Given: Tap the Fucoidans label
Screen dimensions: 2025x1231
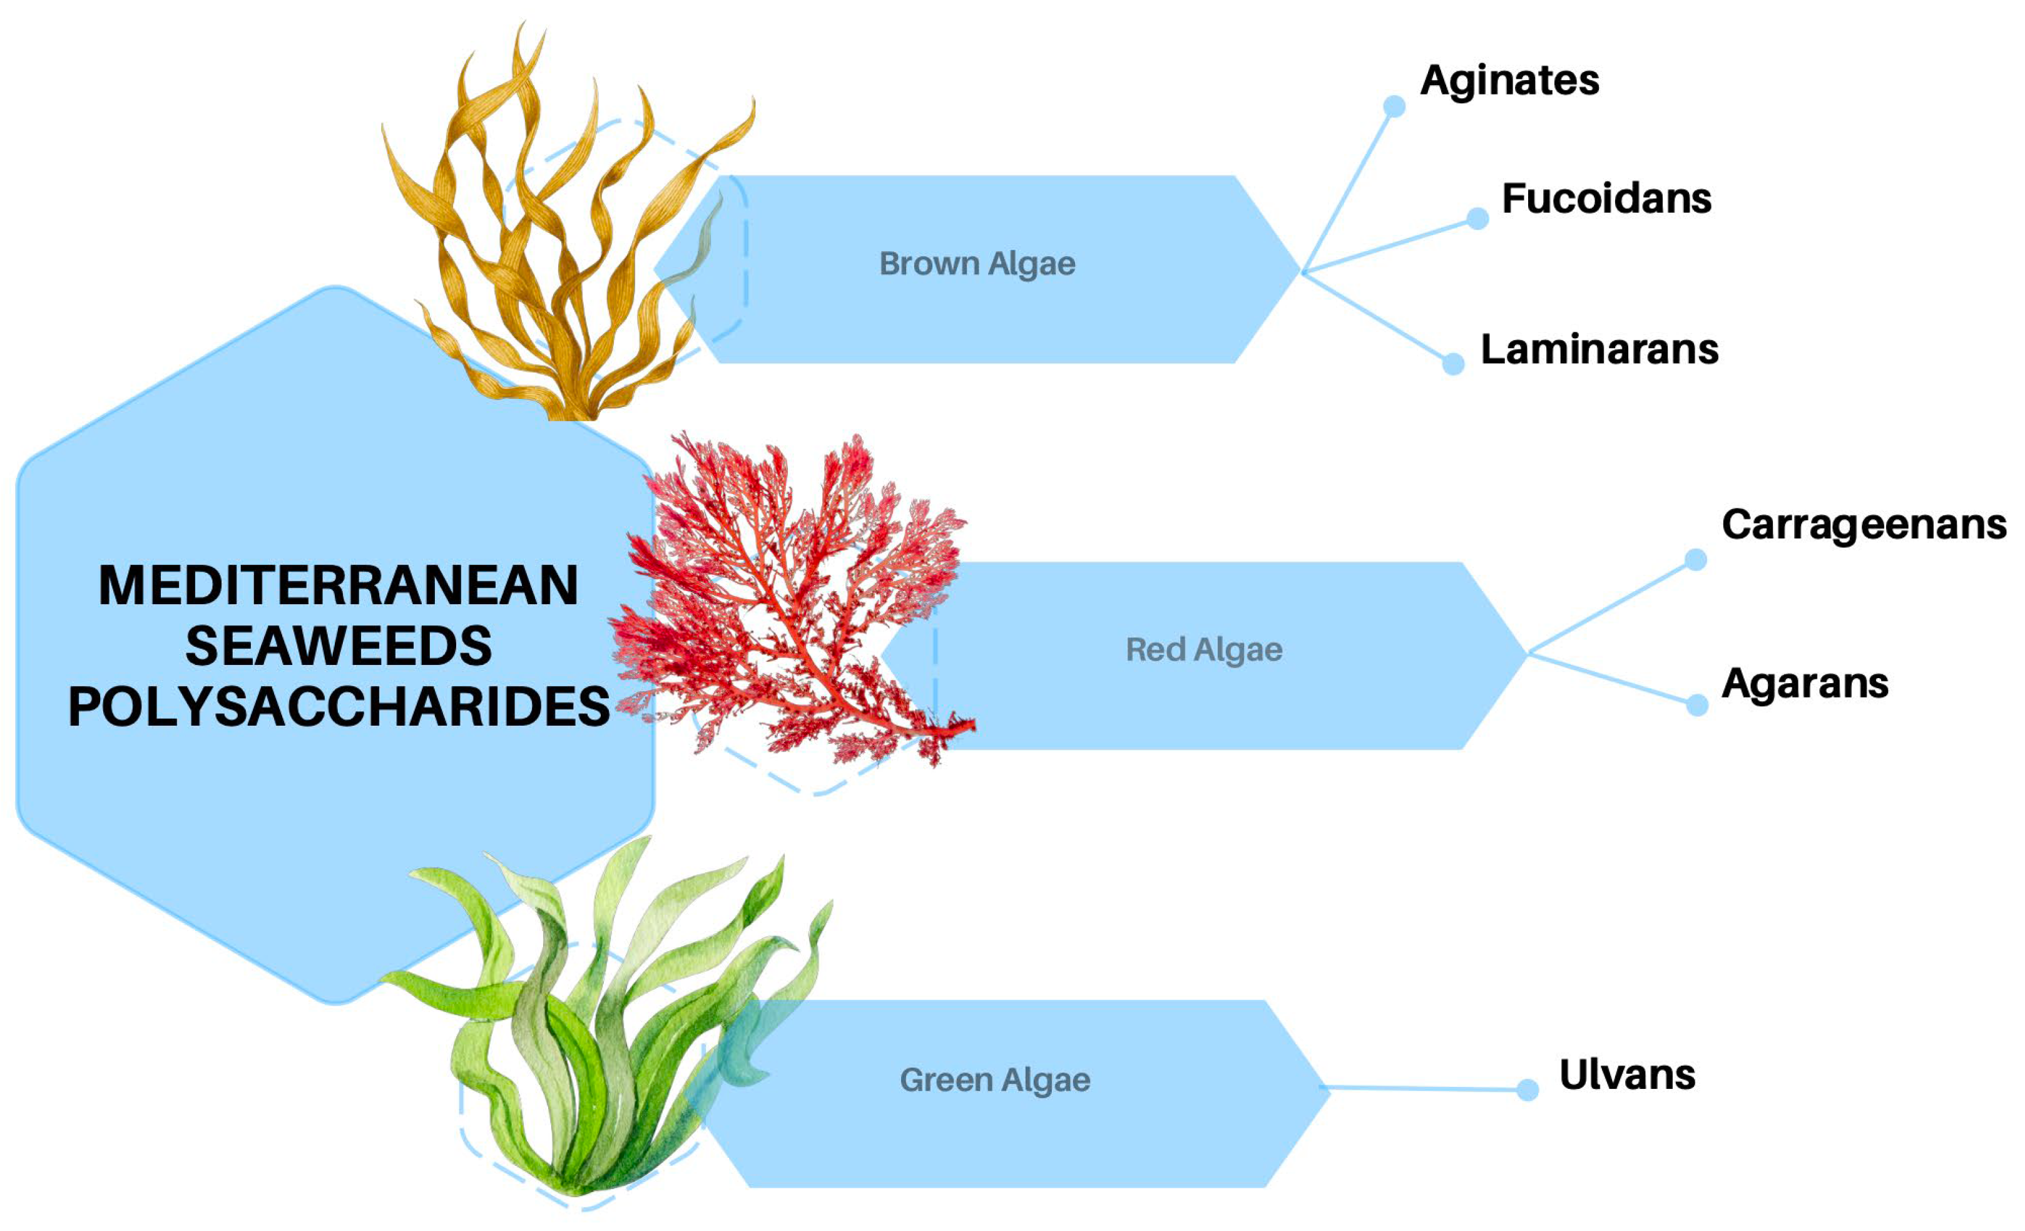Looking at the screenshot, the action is coord(1606,199).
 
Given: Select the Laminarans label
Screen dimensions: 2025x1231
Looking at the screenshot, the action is coord(1598,349).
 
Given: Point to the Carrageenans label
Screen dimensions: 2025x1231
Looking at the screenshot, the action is coord(1863,525).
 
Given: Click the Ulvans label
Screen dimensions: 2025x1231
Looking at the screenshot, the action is coord(1626,1074).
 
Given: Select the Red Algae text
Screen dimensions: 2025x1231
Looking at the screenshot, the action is coord(1203,650).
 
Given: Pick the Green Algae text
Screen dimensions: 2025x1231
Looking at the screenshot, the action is coord(994,1079).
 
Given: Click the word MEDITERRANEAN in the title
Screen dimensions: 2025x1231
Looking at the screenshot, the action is coord(338,585).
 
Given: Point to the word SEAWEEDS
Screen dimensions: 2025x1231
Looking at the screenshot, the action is coord(338,646).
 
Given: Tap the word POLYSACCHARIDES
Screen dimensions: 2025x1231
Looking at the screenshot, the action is coord(338,707).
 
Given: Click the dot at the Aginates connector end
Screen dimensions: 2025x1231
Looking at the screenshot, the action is coord(1394,106).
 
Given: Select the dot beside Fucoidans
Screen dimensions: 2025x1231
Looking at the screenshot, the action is coord(1477,219).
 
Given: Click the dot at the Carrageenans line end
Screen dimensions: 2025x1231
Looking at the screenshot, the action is coord(1695,560).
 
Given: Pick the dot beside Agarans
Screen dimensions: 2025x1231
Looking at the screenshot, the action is coord(1696,704).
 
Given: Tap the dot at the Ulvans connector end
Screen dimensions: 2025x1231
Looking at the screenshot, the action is coord(1527,1089).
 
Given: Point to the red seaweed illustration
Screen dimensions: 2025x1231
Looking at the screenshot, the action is coord(789,600).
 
